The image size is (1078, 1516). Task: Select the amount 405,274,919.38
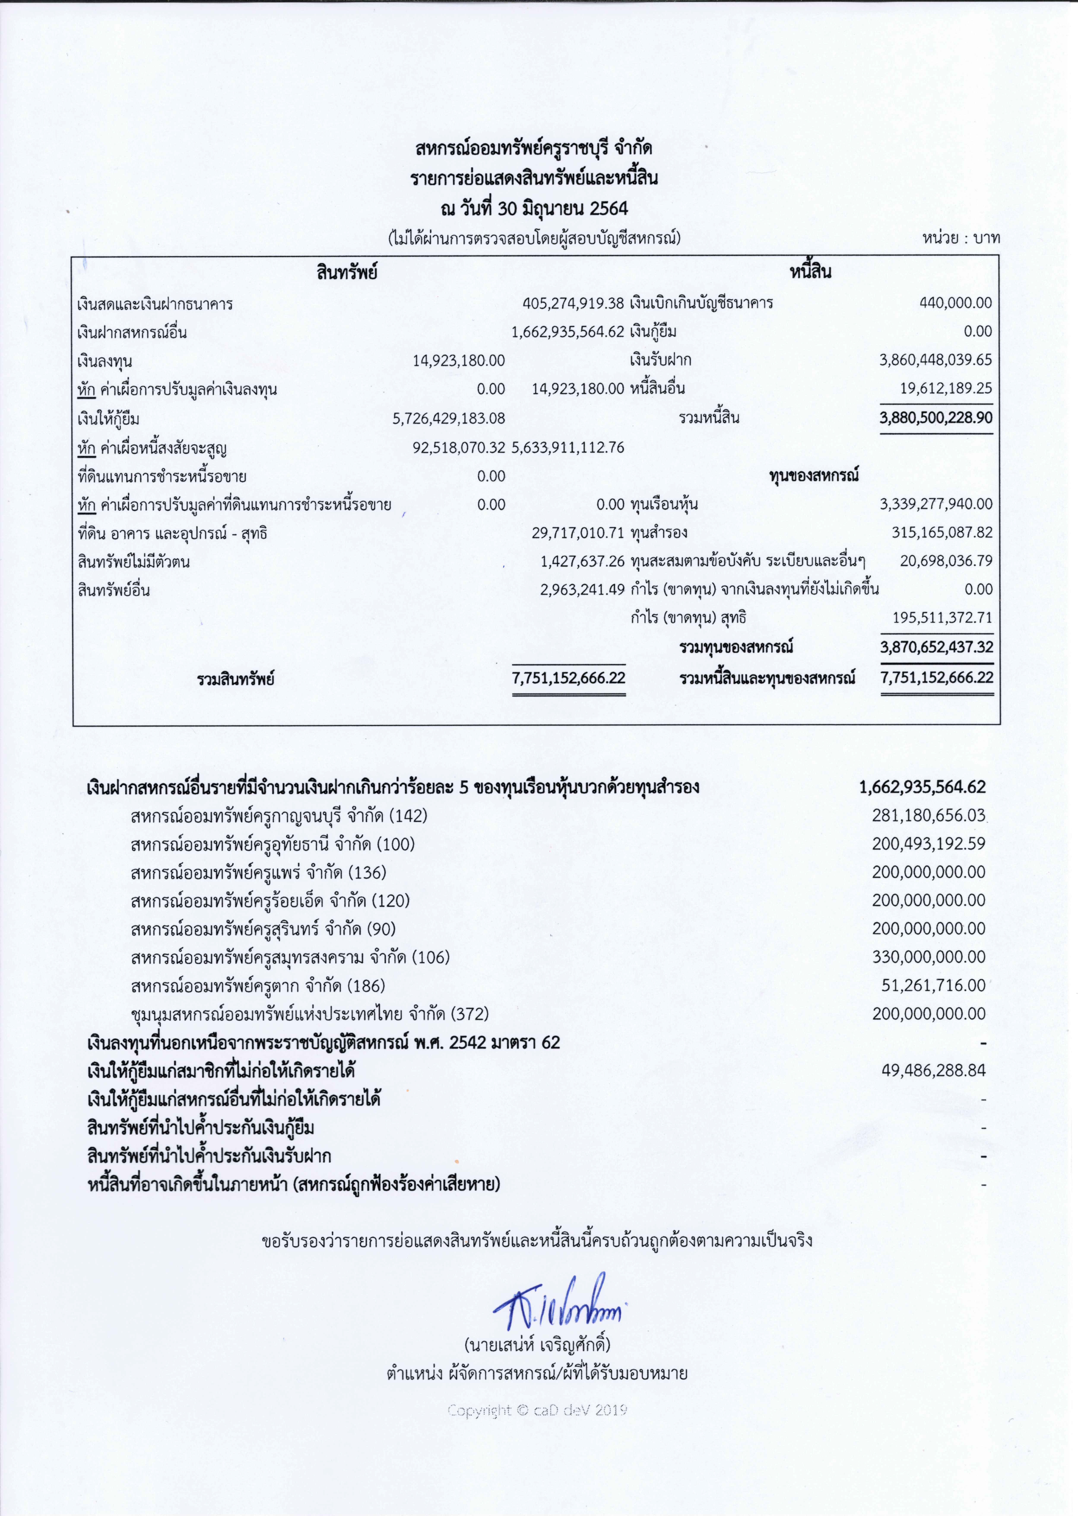[573, 303]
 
